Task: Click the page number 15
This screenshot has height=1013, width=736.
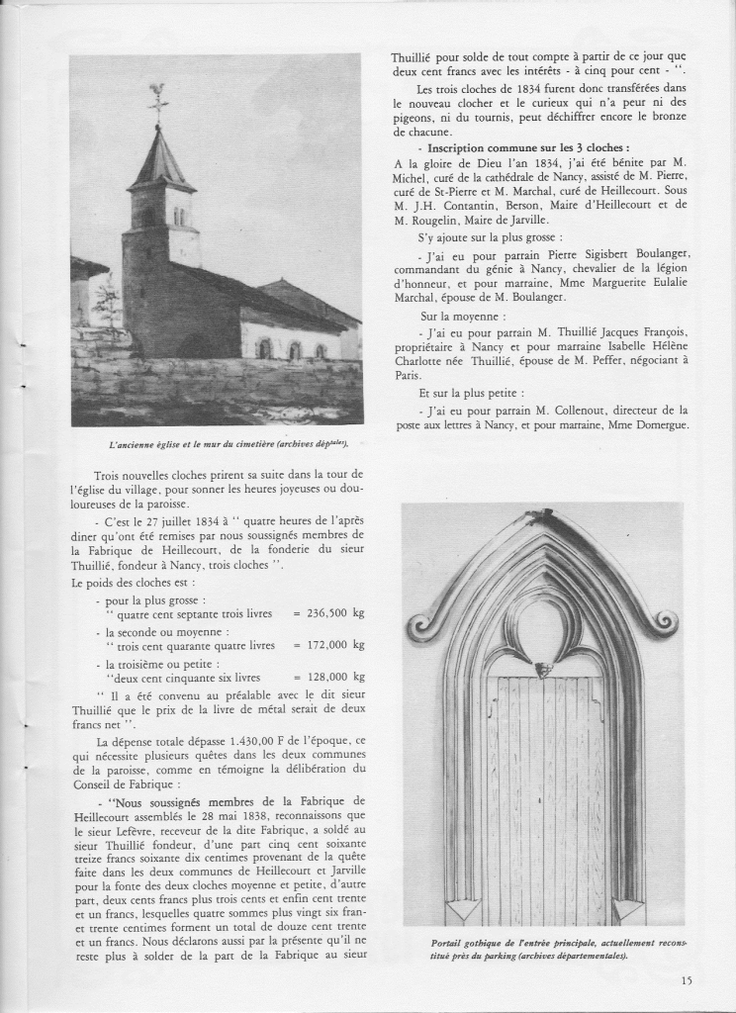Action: (x=687, y=981)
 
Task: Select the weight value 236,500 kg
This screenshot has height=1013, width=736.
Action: (x=329, y=613)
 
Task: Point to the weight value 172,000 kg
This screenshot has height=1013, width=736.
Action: (x=329, y=645)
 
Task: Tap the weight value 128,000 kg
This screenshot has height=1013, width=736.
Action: (x=329, y=677)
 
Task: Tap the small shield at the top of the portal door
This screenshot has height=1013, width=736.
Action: (x=542, y=670)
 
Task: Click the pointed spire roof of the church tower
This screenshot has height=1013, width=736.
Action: (x=161, y=158)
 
